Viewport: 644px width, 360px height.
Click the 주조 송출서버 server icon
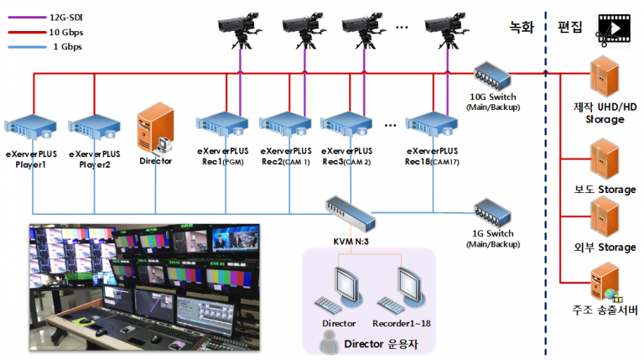point(603,282)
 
